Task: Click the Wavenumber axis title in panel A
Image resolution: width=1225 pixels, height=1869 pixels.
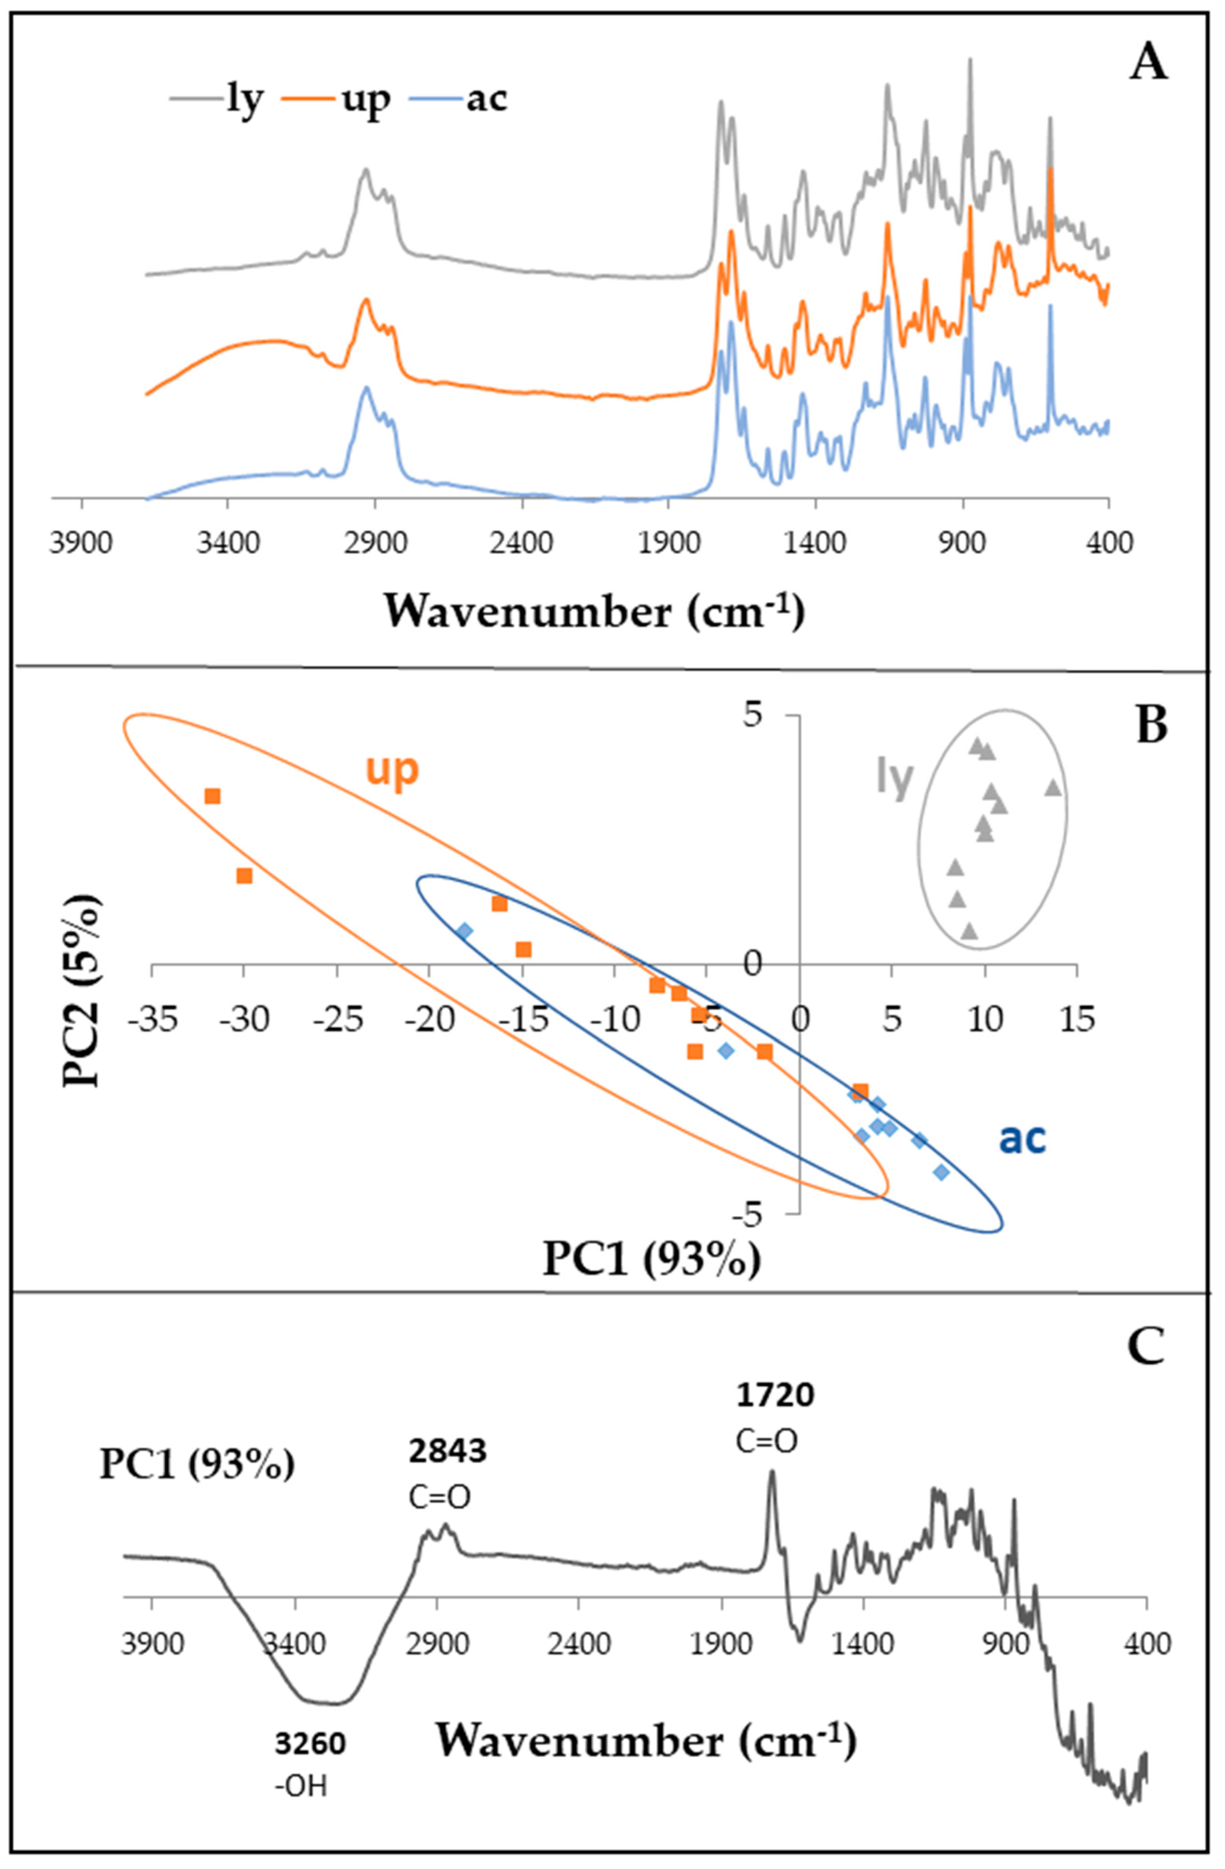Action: click(595, 612)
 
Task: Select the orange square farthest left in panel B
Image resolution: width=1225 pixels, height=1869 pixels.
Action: click(212, 796)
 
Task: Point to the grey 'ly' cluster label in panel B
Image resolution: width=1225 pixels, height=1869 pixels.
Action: click(895, 779)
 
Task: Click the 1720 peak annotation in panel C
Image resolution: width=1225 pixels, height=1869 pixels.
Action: click(775, 1395)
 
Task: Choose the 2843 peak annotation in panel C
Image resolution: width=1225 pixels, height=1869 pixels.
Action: click(448, 1451)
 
